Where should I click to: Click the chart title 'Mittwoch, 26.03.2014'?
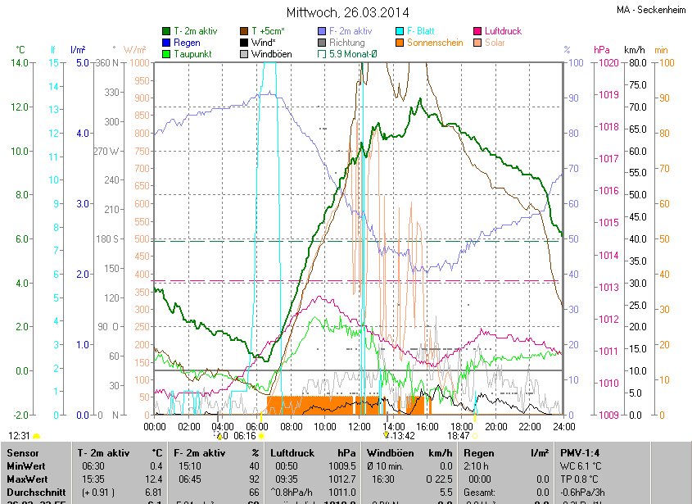346,12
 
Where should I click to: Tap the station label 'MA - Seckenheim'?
650,10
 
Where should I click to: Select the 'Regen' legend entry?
187,43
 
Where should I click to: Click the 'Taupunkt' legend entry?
192,54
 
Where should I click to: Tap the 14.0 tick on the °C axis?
20,63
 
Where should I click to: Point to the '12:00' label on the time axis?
359,426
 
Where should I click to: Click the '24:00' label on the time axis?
563,426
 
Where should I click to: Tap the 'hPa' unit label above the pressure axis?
601,49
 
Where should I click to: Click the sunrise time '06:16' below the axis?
245,436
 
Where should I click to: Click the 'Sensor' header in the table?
22,452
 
